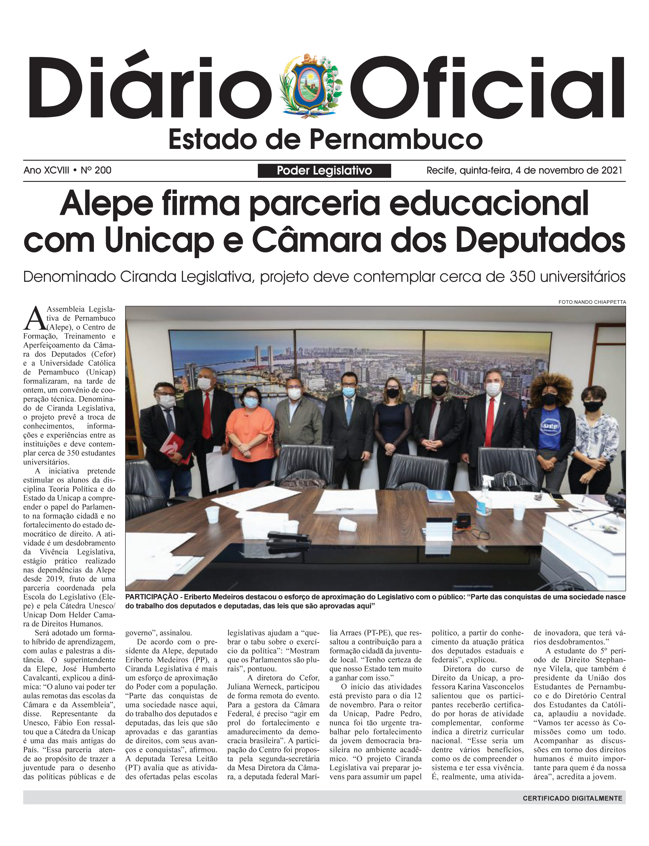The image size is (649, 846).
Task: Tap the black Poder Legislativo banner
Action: pos(324,171)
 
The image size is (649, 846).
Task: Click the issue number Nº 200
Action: pos(96,170)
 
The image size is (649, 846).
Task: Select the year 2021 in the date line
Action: pos(612,170)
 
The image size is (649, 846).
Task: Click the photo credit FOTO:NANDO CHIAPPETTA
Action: pos(592,302)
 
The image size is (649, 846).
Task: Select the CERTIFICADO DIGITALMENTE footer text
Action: pos(572,798)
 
